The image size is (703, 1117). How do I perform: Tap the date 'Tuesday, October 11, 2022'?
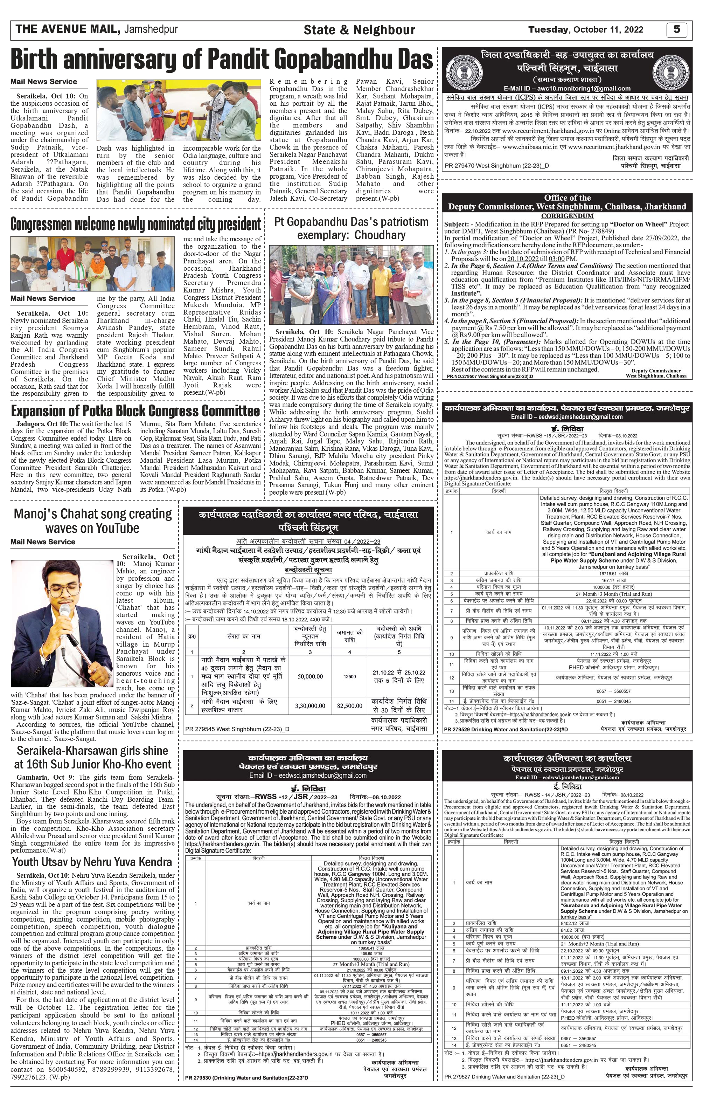(586, 30)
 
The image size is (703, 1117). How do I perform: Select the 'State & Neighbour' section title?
(360, 30)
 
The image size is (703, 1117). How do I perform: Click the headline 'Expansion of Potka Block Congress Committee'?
(135, 411)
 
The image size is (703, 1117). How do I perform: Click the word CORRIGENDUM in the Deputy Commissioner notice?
(567, 216)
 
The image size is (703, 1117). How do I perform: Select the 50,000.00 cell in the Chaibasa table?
(310, 676)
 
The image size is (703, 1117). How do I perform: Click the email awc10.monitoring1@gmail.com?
(567, 89)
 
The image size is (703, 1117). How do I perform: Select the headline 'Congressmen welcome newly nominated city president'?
(135, 224)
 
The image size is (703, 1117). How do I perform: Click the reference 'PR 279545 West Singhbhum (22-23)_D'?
(237, 729)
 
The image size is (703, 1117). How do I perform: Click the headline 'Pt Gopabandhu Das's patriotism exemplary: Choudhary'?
(351, 228)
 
